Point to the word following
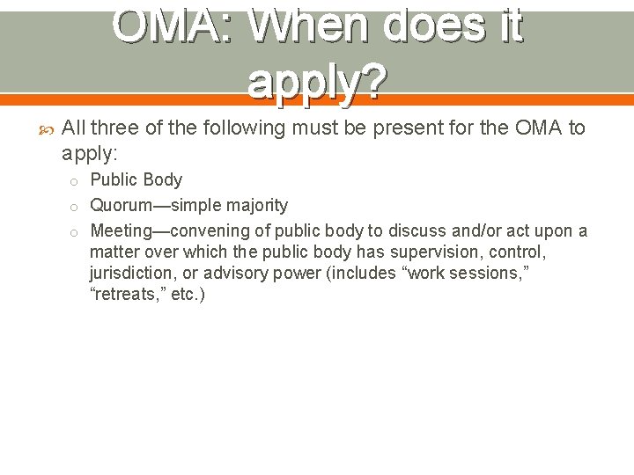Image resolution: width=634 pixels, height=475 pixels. click(243, 129)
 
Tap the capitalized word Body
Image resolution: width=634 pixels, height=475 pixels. click(162, 180)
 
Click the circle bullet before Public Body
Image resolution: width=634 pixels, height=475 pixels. click(76, 181)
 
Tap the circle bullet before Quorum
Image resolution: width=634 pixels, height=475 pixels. click(76, 207)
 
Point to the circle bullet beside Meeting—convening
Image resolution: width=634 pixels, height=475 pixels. click(76, 232)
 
